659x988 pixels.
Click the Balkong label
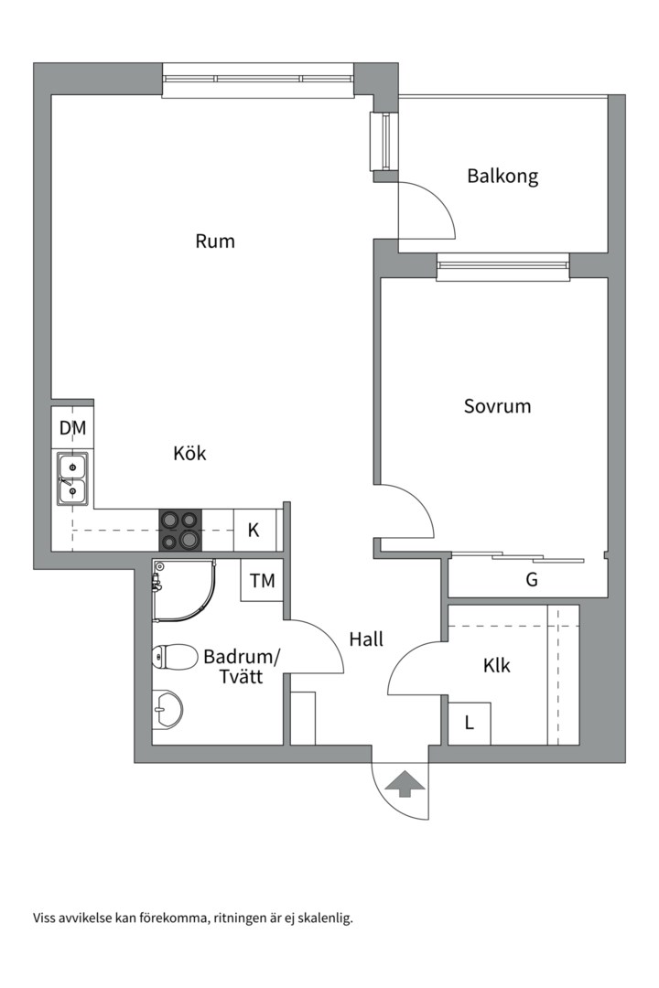pyautogui.click(x=502, y=176)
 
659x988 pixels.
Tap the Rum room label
pyautogui.click(x=215, y=242)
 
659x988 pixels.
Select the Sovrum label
pyautogui.click(x=497, y=406)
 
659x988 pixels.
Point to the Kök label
pyautogui.click(x=189, y=453)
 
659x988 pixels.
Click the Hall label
pyautogui.click(x=366, y=639)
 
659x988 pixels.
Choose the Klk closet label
pyautogui.click(x=497, y=666)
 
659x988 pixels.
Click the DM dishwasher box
pyautogui.click(x=72, y=428)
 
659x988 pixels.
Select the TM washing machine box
pyautogui.click(x=262, y=580)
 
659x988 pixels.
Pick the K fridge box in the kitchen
pyautogui.click(x=254, y=531)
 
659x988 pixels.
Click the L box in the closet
pyautogui.click(x=470, y=724)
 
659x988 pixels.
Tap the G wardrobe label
pyautogui.click(x=531, y=579)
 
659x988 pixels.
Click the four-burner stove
pyautogui.click(x=179, y=531)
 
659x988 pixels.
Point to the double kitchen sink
pyautogui.click(x=72, y=479)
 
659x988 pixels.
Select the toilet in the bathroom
pyautogui.click(x=175, y=657)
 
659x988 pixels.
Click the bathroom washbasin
pyautogui.click(x=167, y=707)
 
